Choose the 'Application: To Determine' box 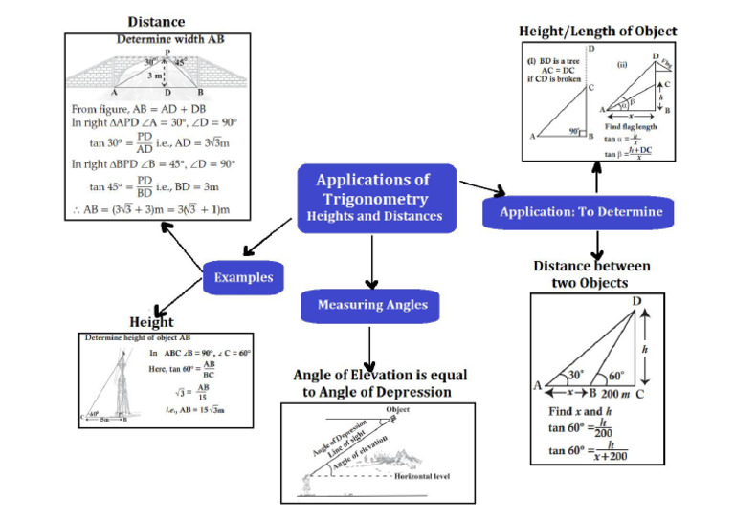tap(580, 211)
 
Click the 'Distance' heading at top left tap(157, 21)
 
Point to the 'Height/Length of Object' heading tap(597, 32)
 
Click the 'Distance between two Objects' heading tap(591, 274)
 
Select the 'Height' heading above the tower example tap(150, 323)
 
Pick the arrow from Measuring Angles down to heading tap(370, 346)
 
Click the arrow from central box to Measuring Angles tap(370, 260)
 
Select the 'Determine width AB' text tap(157, 40)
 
